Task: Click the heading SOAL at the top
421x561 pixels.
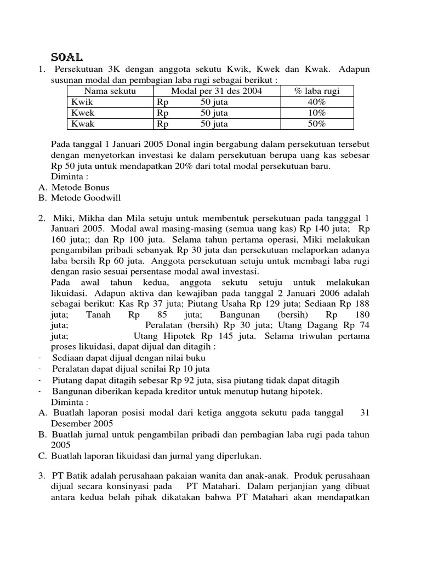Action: [66, 57]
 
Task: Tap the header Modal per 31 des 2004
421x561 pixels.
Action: [217, 91]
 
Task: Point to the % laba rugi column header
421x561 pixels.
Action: [317, 91]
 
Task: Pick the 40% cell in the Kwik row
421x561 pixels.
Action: [317, 102]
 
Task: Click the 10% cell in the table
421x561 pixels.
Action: [317, 113]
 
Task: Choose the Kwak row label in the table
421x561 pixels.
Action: [83, 124]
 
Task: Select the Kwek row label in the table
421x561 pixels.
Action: [83, 113]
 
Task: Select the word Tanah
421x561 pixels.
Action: [99, 314]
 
